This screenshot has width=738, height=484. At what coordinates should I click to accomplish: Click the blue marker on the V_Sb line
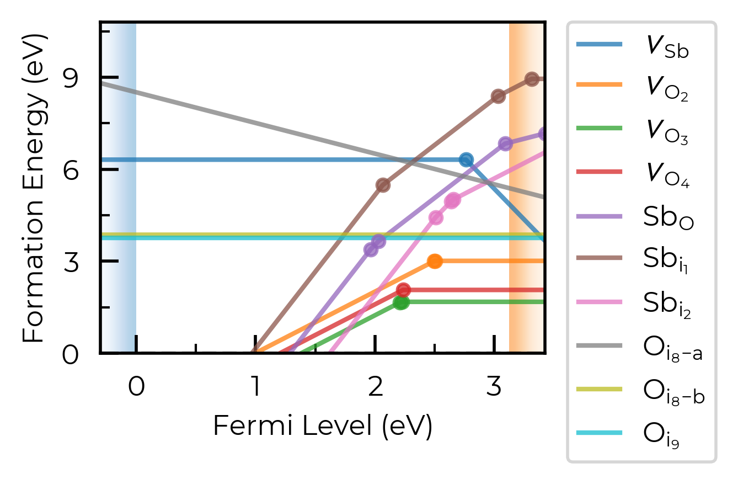[x=466, y=160]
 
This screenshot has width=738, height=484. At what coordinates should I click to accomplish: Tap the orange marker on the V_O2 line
[x=435, y=261]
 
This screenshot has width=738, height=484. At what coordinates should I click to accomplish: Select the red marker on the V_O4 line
[x=403, y=290]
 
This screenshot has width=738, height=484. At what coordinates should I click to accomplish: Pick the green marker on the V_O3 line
[x=401, y=302]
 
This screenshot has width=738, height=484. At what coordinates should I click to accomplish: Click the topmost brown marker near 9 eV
[x=532, y=79]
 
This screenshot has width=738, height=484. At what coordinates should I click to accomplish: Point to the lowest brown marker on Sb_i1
[x=383, y=185]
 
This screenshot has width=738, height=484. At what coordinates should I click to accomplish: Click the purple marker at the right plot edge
[x=542, y=134]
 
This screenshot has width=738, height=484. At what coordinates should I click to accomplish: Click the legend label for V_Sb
[x=667, y=48]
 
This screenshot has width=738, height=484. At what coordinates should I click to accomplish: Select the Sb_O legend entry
[x=668, y=217]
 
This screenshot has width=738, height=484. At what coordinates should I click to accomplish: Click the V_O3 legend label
[x=667, y=132]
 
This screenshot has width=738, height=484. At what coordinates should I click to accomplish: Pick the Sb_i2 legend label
[x=667, y=305]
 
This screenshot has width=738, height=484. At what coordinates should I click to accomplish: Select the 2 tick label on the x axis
[x=375, y=386]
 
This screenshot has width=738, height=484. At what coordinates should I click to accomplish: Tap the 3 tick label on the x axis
[x=494, y=386]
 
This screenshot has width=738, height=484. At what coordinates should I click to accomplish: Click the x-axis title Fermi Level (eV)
[x=323, y=426]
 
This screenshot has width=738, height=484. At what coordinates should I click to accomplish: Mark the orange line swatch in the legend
[x=599, y=85]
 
